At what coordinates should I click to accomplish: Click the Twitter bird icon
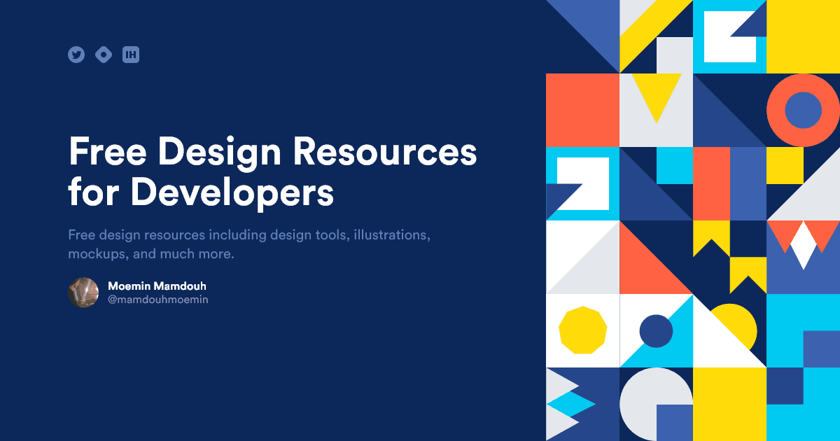[76, 55]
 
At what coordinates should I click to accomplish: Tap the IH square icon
[131, 55]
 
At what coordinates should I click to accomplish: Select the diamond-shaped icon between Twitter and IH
[104, 55]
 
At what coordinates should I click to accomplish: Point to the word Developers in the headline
[232, 191]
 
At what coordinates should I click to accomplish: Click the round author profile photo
[83, 293]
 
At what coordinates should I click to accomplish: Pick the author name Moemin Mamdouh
[157, 286]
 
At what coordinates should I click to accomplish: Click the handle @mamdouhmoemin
[157, 300]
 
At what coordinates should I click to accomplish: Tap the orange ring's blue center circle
[803, 110]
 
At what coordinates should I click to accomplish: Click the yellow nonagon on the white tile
[582, 330]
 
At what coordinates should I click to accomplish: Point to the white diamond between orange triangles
[803, 245]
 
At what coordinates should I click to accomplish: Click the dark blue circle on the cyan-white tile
[656, 331]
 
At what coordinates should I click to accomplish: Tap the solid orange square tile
[582, 110]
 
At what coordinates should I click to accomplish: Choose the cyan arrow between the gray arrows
[570, 404]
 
